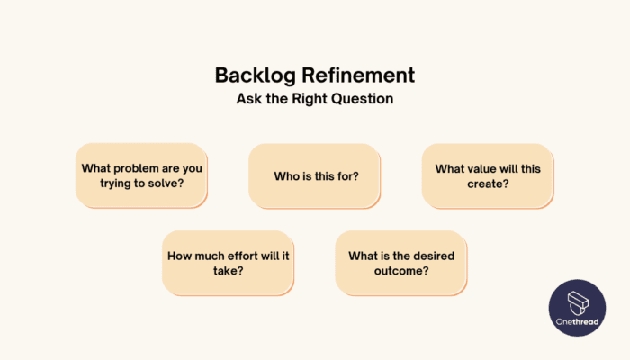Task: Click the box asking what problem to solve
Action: (142, 175)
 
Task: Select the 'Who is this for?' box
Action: (315, 175)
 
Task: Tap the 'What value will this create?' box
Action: (488, 175)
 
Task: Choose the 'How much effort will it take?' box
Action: (229, 262)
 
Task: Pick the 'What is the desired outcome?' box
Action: (401, 262)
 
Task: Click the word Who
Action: (287, 175)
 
